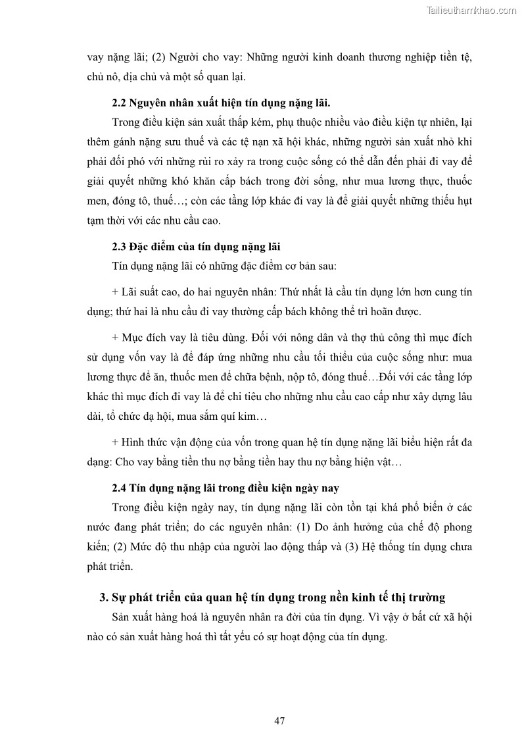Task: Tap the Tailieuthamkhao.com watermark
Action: point(471,10)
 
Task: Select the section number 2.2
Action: point(119,103)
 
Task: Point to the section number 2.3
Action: point(119,247)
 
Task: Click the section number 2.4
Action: point(119,488)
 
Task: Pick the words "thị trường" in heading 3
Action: point(419,598)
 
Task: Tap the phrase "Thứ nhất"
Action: point(311,292)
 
